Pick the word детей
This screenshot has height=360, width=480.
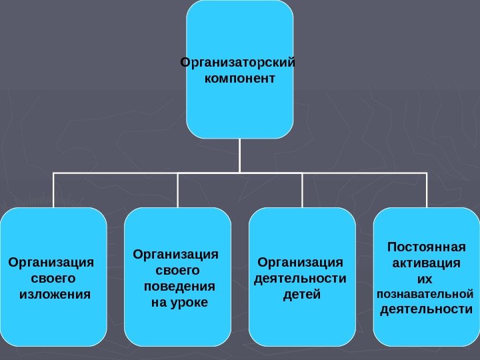point(301,293)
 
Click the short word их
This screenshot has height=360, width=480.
point(425,278)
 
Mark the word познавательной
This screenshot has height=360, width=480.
point(425,293)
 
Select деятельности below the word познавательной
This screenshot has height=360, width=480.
point(426,309)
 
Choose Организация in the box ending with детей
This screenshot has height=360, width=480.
point(300,261)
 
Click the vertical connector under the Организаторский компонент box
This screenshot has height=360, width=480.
point(239,155)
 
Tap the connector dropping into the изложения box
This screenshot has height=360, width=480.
point(53,190)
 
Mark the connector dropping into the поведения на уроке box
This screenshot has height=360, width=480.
point(178,190)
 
